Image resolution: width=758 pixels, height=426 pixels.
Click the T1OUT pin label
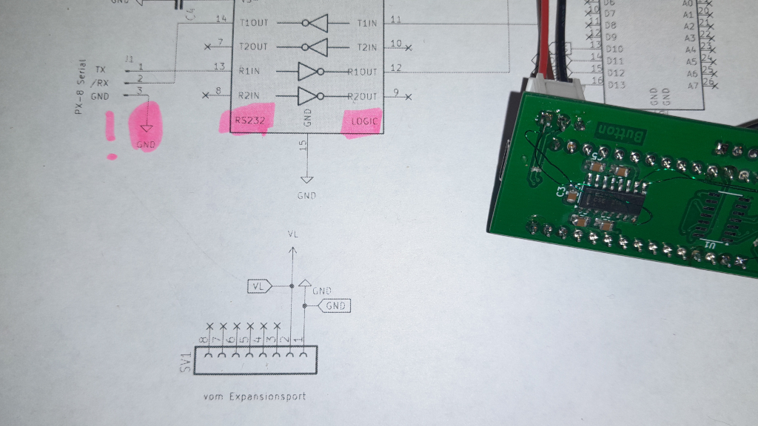(x=252, y=23)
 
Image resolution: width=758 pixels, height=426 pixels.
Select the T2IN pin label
(x=366, y=47)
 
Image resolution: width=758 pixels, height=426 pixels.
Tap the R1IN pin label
(x=249, y=72)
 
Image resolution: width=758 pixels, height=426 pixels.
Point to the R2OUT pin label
(x=363, y=97)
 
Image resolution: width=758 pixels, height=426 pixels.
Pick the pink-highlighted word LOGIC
(x=363, y=121)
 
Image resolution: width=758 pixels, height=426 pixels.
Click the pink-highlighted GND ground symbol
(x=147, y=127)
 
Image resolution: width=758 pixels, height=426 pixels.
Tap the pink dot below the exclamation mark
(x=112, y=156)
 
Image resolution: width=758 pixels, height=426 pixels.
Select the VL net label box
(x=258, y=285)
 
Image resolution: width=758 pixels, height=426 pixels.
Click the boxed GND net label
(x=336, y=305)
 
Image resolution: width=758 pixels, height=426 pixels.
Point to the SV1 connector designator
(x=186, y=362)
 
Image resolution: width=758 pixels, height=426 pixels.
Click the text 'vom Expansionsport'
(x=254, y=396)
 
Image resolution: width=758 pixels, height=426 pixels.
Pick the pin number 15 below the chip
(x=303, y=146)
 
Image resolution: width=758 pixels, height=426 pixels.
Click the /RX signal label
(x=101, y=83)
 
